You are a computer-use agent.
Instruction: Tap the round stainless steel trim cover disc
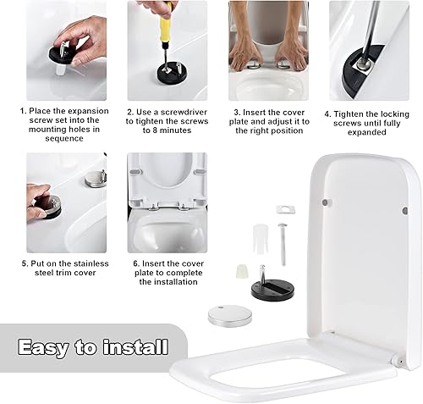click(229, 315)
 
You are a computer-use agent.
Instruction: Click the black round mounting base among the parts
click(272, 290)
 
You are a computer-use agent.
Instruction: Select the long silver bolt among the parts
click(283, 244)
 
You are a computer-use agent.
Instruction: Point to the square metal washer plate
click(286, 209)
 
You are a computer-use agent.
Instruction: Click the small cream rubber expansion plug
click(242, 272)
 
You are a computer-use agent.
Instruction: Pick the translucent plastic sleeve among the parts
click(261, 239)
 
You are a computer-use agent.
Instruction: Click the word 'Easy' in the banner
click(43, 347)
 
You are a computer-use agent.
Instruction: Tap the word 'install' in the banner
click(135, 346)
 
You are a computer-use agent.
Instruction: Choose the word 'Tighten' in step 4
click(349, 114)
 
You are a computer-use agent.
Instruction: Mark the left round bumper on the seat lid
click(326, 202)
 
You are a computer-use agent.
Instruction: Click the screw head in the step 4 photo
click(363, 64)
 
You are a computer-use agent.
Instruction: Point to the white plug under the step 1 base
click(61, 69)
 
